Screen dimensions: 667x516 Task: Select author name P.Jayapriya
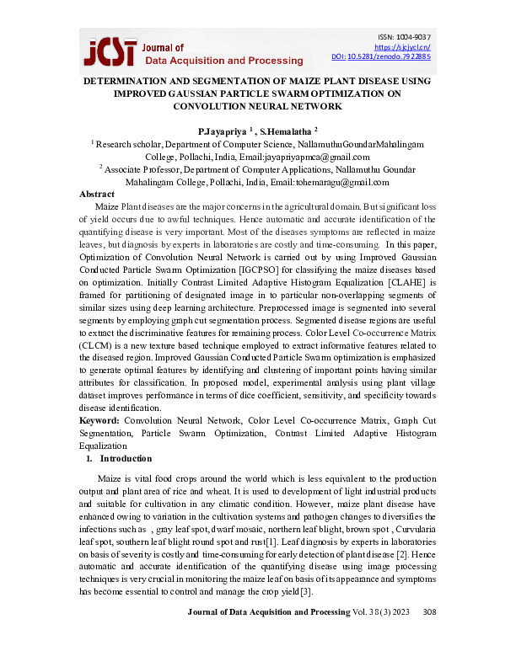pos(223,132)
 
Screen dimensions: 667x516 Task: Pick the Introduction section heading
pos(126,458)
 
